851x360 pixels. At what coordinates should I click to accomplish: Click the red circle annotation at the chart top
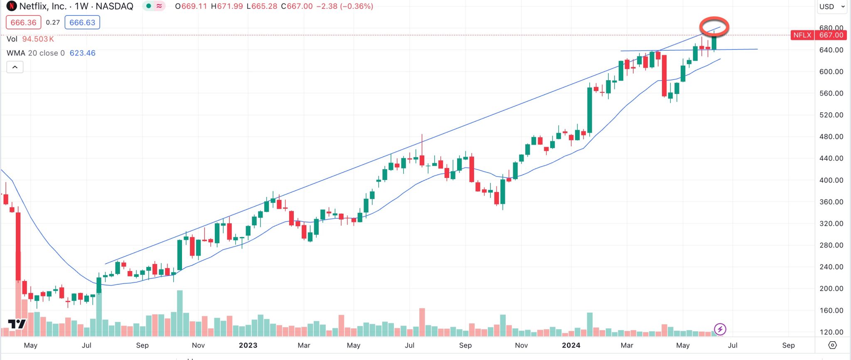[714, 27]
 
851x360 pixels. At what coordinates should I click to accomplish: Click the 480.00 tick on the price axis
[831, 136]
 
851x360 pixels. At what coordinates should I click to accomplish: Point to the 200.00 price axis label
[831, 288]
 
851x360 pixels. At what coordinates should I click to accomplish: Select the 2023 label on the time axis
[248, 345]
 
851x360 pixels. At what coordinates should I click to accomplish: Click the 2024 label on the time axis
[571, 345]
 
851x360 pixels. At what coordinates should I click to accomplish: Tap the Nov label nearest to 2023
[198, 345]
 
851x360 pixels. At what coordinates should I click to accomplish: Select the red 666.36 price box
[23, 22]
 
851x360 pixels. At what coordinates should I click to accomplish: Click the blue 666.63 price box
[82, 22]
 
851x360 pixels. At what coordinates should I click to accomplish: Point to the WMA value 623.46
[82, 53]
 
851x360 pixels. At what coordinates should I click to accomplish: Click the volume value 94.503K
[38, 39]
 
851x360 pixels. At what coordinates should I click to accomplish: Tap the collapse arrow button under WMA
[15, 67]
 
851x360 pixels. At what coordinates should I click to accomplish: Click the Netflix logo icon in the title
[11, 6]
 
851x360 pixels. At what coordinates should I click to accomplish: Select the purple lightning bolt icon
[720, 329]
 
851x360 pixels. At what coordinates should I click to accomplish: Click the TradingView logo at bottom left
[17, 324]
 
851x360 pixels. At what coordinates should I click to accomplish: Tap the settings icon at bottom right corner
[832, 345]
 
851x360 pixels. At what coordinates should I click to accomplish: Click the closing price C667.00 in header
[297, 6]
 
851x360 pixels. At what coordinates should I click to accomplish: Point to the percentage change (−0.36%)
[357, 6]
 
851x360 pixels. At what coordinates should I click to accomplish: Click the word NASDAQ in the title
[114, 6]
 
